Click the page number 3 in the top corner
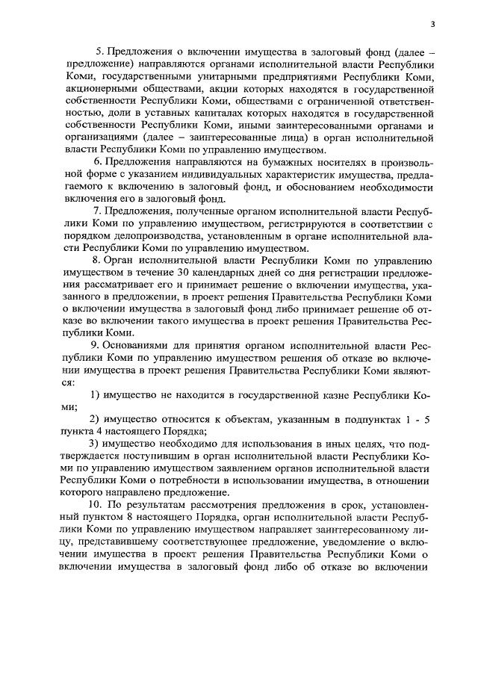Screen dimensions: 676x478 (x=432, y=24)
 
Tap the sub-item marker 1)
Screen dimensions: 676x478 (x=95, y=394)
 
